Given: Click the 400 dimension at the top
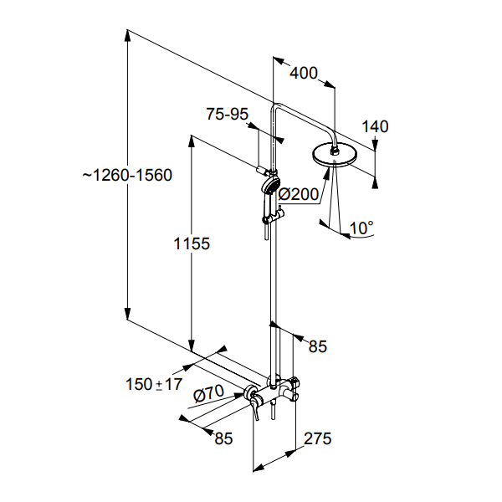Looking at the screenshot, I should [x=304, y=74].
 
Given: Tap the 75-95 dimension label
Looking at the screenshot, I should [x=227, y=115].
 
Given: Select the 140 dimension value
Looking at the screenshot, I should [x=376, y=127].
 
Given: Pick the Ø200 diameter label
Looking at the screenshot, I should [x=299, y=194].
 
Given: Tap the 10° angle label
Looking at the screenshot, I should [x=361, y=227].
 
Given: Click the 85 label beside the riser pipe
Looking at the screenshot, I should [x=318, y=346].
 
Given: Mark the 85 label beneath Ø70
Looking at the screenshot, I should [x=223, y=437].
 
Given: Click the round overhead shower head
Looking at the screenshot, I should [x=336, y=156].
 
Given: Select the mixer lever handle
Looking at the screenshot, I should [x=257, y=411].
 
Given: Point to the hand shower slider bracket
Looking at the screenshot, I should [x=270, y=218].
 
